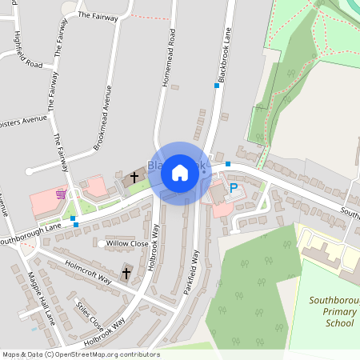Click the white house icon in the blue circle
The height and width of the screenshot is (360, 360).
pos(180,171)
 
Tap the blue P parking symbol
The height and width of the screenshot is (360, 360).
pos(234,188)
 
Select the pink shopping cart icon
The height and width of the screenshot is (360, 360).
pos(61,194)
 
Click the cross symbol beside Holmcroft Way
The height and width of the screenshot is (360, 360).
pos(126,274)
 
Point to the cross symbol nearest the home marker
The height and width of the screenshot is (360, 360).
pos(134,175)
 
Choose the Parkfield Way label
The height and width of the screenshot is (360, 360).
pos(192,272)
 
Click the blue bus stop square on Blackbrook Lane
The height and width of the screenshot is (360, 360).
pos(216,86)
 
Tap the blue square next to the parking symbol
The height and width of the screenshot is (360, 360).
pos(228,164)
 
